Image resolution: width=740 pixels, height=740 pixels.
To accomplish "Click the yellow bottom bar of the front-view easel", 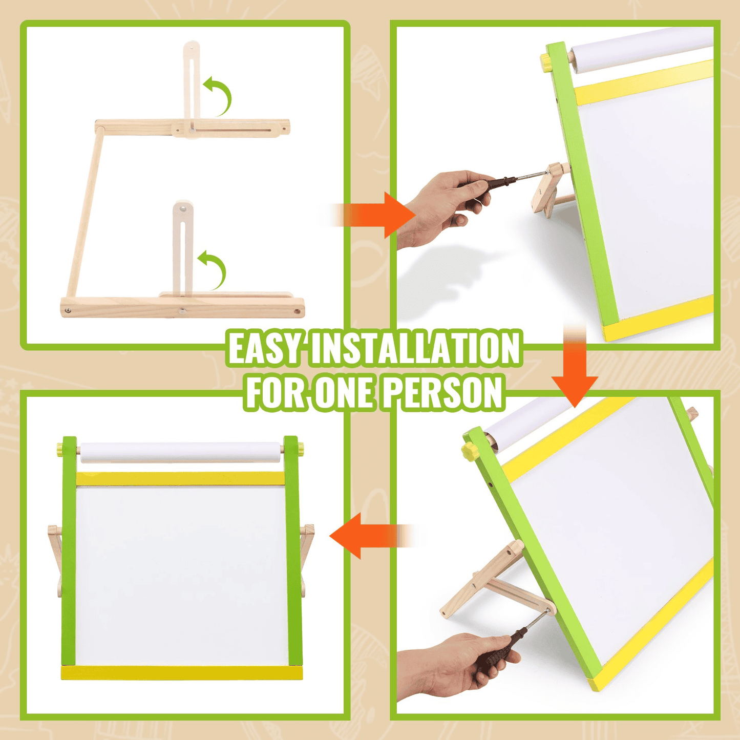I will [x=182, y=672].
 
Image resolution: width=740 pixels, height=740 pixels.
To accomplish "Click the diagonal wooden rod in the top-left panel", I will [x=85, y=213].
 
